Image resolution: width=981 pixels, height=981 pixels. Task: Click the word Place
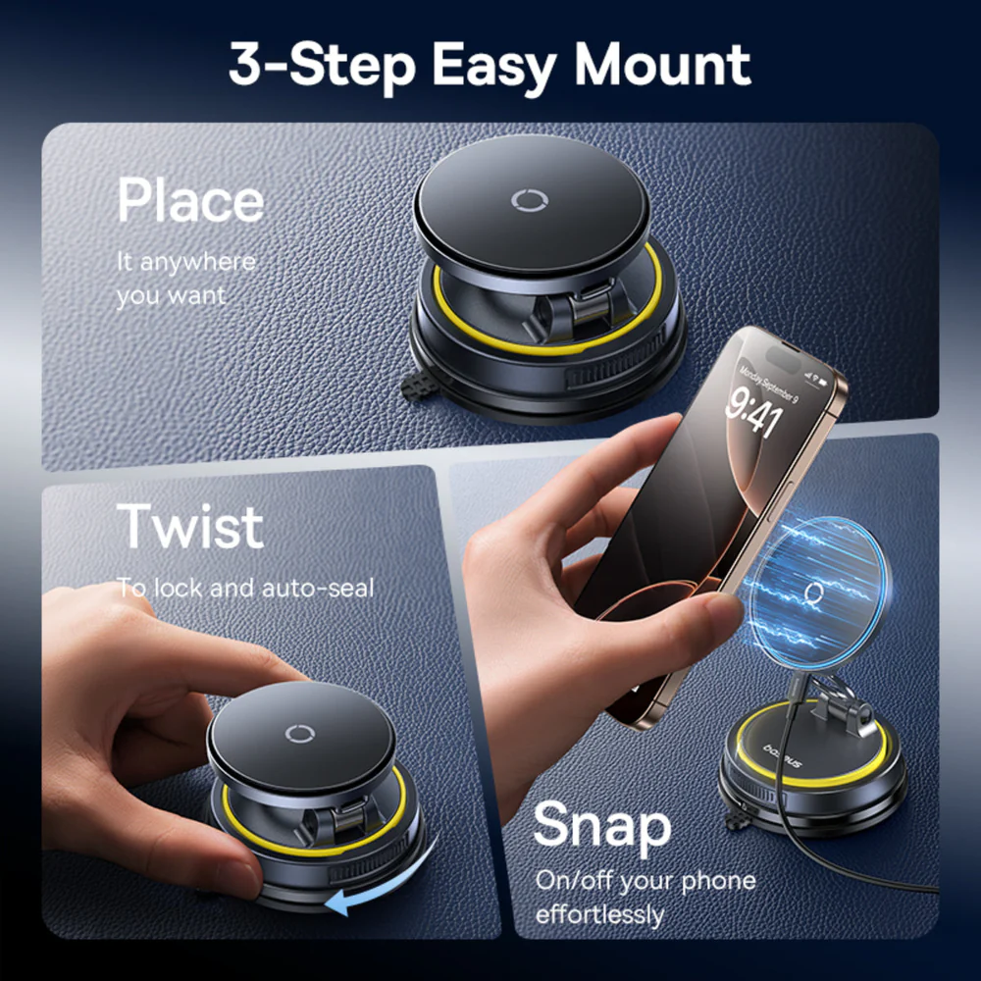pyautogui.click(x=190, y=201)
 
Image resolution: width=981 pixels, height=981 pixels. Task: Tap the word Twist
pyautogui.click(x=190, y=527)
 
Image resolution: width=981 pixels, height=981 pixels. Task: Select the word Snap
pyautogui.click(x=602, y=827)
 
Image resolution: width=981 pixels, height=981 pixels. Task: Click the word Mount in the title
pyautogui.click(x=662, y=64)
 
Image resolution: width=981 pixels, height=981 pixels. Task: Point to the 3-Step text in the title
pyautogui.click(x=324, y=64)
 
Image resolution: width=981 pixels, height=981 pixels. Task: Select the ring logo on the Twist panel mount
pyautogui.click(x=298, y=734)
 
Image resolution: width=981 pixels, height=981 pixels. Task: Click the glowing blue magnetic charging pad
pyautogui.click(x=814, y=589)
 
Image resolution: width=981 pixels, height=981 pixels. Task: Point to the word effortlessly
pyautogui.click(x=599, y=914)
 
